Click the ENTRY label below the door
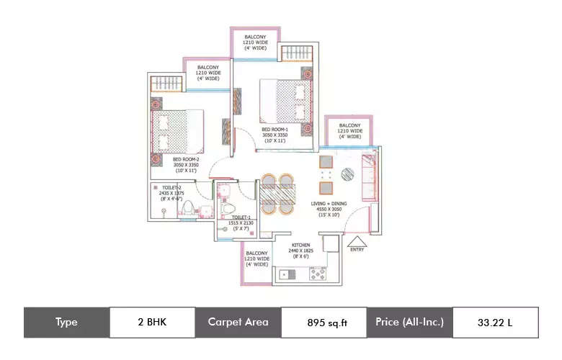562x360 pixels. point(357,250)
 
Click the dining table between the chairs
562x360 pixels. point(277,194)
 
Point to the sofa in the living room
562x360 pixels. point(368,176)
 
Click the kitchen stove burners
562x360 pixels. point(318,274)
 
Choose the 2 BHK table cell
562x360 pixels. point(152,322)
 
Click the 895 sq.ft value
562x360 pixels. point(323,323)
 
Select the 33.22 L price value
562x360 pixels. point(495,322)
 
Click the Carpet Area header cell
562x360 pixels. point(238,322)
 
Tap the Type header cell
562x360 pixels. point(66,322)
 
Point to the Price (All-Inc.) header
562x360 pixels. point(409,322)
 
